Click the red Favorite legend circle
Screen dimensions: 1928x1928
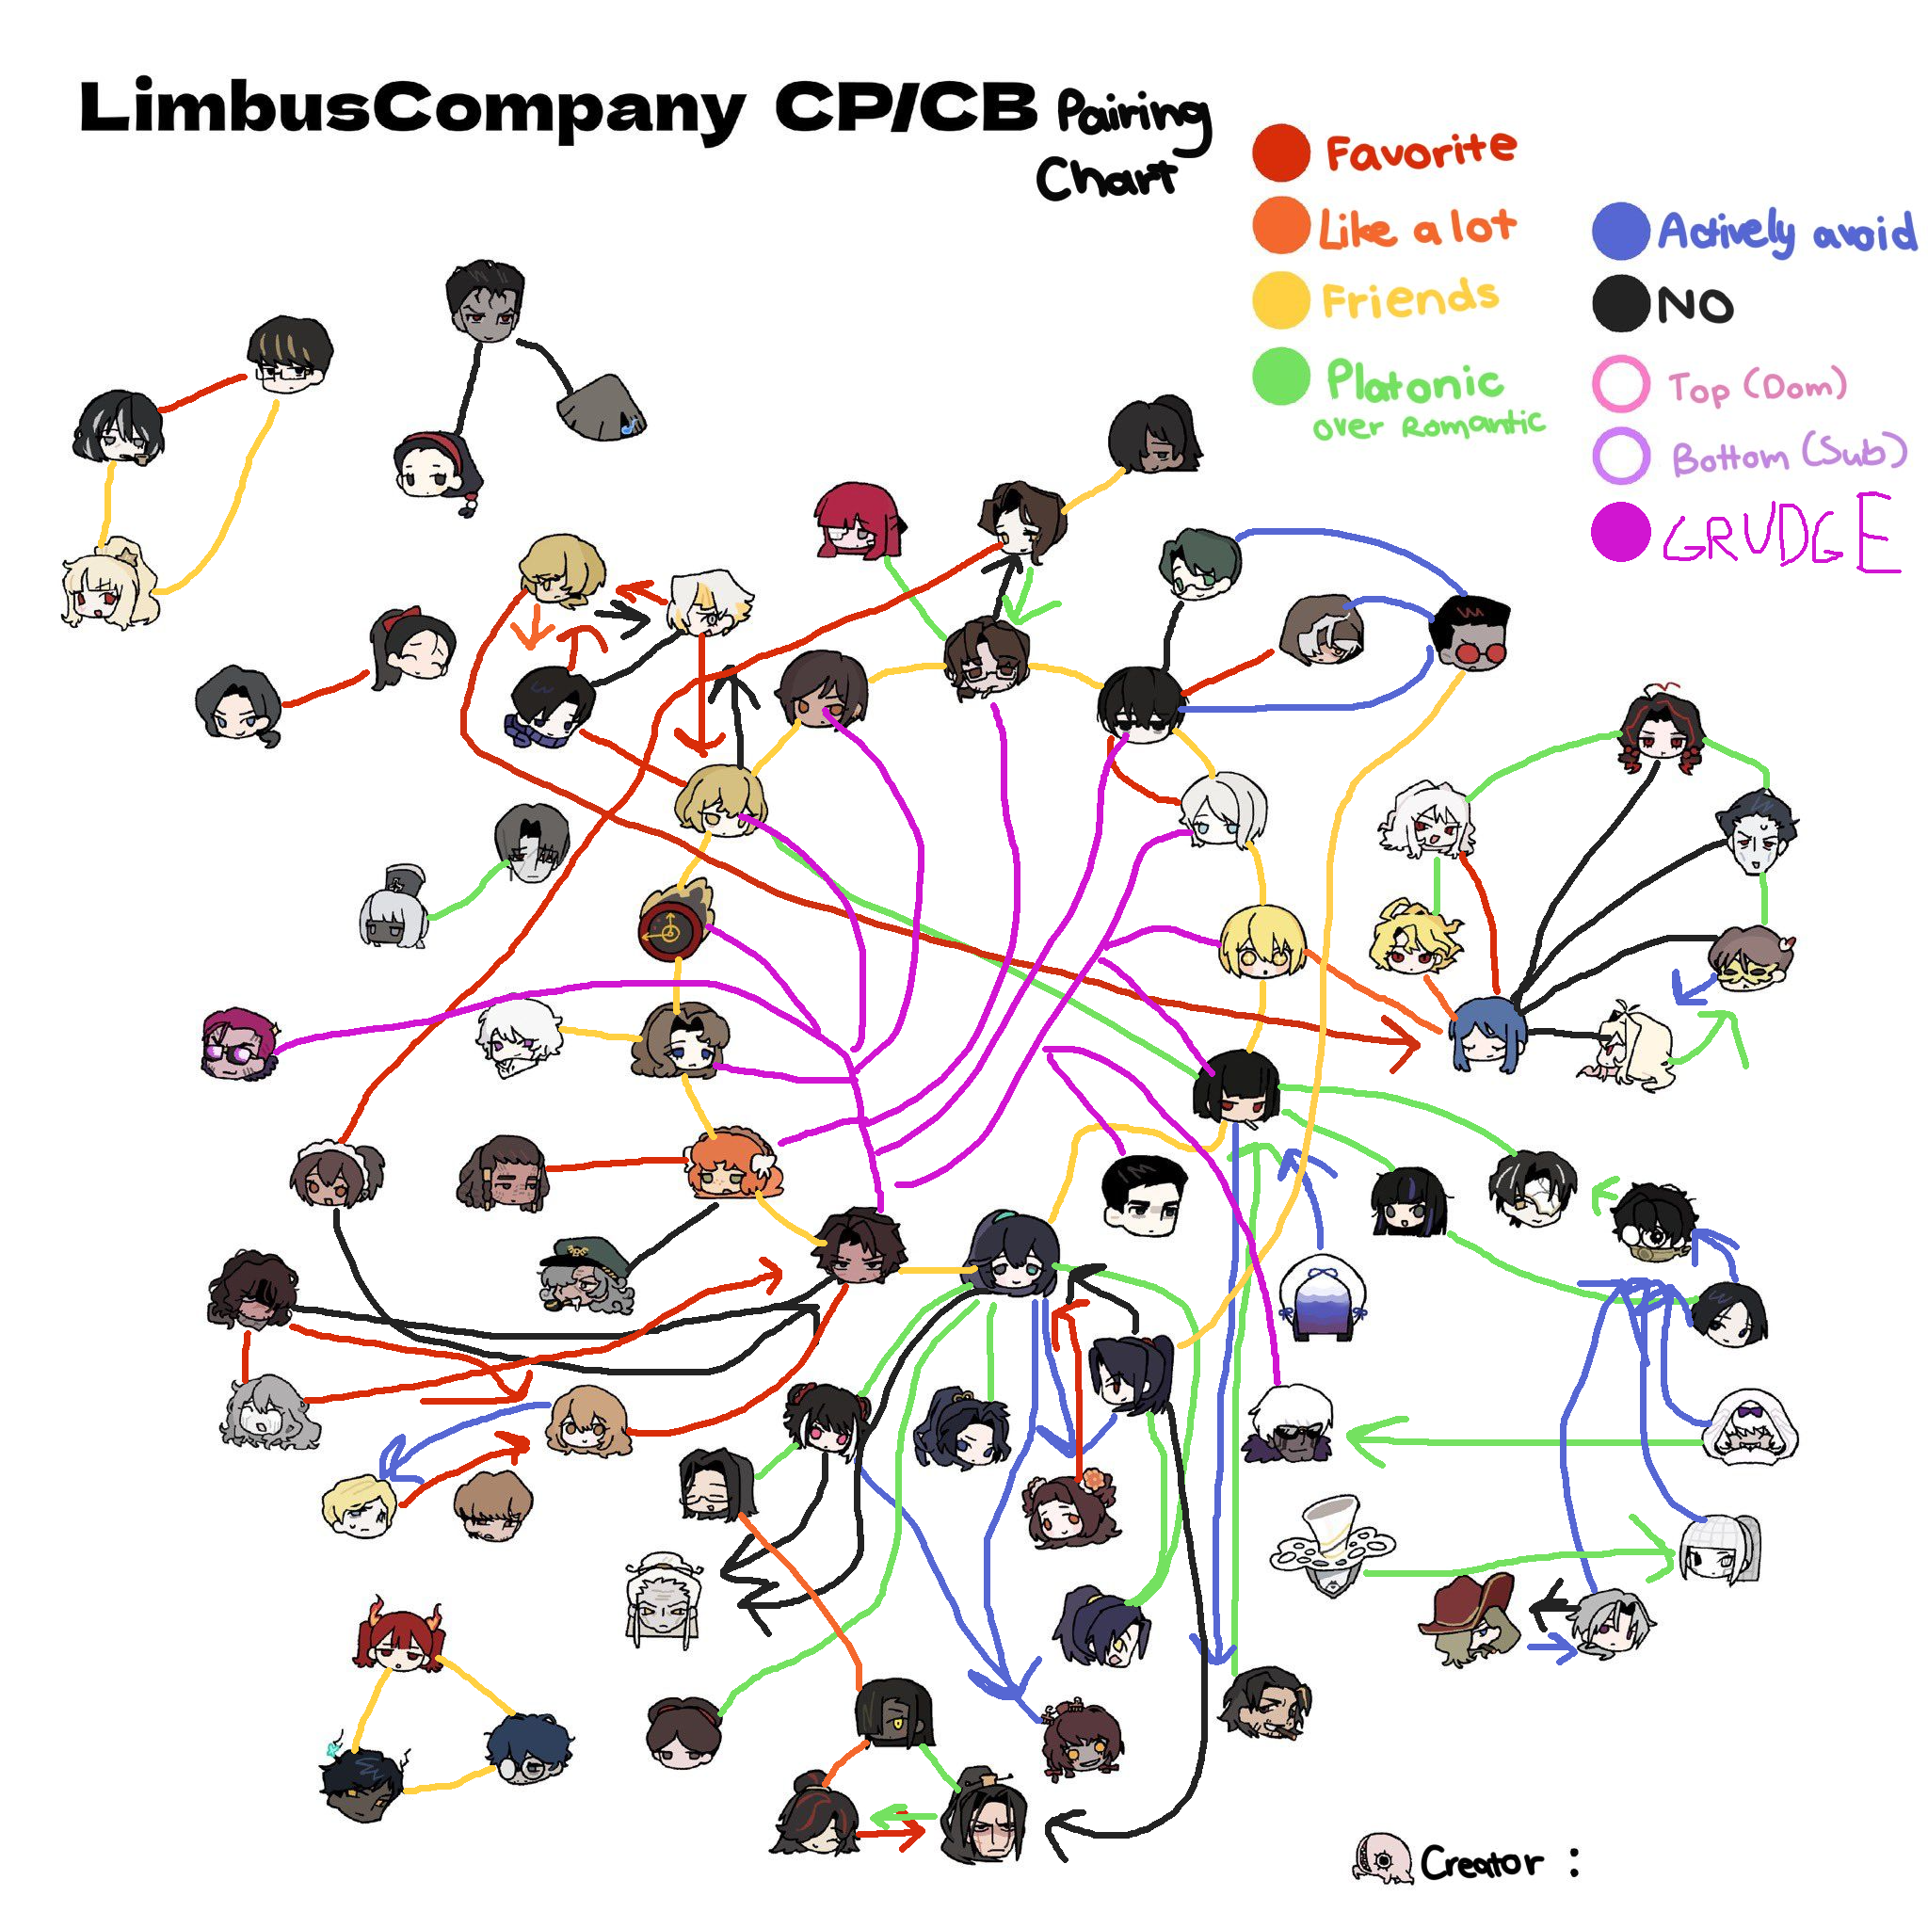pos(1281,153)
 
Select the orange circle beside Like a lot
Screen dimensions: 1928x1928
pos(1281,226)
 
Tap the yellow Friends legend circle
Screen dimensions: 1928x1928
pos(1281,299)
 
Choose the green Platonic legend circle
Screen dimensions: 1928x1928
pos(1281,377)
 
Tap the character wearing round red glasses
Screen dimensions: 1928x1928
pos(1470,635)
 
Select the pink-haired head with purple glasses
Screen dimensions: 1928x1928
pos(237,1044)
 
